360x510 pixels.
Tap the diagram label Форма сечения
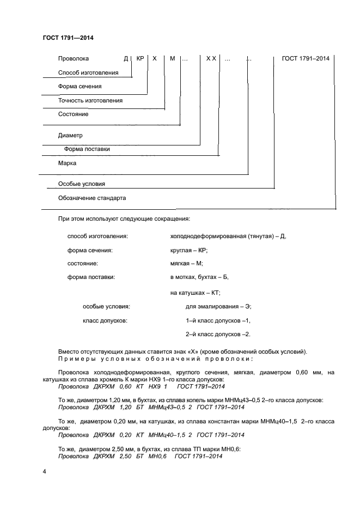click(x=80, y=86)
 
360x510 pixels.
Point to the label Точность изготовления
click(x=90, y=100)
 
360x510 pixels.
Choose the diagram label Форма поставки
click(x=87, y=149)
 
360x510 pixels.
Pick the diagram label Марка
click(x=67, y=163)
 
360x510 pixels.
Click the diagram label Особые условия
click(x=82, y=184)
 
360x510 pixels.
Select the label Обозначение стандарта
click(x=92, y=198)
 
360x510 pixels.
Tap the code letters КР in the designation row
click(x=140, y=58)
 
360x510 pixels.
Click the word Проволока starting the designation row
click(x=73, y=58)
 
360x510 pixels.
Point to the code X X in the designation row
click(x=211, y=58)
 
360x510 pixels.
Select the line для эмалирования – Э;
click(x=218, y=306)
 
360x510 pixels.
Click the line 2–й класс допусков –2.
click(x=218, y=334)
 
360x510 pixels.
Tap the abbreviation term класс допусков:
click(x=105, y=320)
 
